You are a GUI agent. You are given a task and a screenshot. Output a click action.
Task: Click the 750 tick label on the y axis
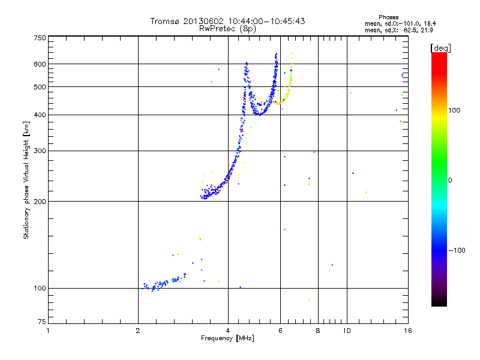(40, 37)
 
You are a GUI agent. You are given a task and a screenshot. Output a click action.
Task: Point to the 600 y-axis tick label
(40, 64)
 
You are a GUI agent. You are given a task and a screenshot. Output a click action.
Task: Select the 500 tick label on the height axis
(40, 86)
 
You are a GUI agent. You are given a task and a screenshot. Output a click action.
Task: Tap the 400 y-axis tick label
(40, 115)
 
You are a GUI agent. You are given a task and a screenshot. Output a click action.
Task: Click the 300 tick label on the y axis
(40, 151)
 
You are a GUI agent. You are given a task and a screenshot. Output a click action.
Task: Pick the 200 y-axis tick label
(40, 201)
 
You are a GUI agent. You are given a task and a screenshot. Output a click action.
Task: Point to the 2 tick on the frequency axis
(138, 331)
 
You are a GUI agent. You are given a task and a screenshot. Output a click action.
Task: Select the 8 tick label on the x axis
(318, 331)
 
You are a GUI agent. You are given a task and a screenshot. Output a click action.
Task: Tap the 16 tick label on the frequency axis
(407, 331)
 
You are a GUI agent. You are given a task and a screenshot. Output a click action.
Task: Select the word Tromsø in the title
(164, 21)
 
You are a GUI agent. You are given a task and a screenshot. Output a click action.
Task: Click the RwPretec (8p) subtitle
(227, 28)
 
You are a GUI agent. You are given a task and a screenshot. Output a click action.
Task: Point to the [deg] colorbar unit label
(441, 47)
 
